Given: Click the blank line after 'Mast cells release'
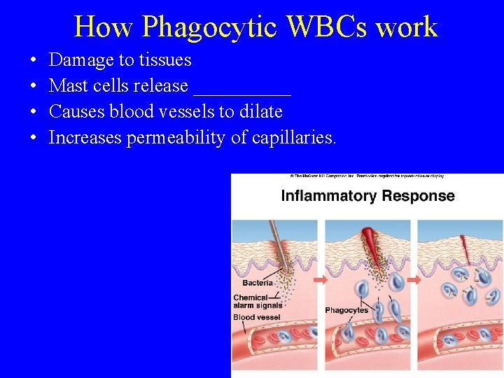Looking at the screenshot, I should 242,87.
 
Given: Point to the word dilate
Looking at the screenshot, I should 258,112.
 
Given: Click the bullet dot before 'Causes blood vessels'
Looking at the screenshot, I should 34,112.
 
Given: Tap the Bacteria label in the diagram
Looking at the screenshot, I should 258,283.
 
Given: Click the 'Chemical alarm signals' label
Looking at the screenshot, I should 257,302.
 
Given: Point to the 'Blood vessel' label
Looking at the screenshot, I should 256,318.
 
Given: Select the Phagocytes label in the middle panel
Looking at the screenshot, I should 346,310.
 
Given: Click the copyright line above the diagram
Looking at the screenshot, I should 367,176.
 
